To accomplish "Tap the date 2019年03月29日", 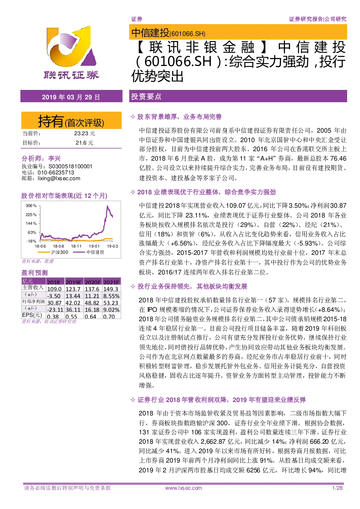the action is click(71, 97).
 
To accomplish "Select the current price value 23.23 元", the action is click(84, 133).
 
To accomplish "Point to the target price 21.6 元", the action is click(84, 143).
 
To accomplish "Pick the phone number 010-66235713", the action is click(56, 173).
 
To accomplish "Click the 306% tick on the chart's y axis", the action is click(31, 206).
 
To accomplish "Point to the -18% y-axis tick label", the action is click(32, 241).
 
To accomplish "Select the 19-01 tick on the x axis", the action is click(94, 246).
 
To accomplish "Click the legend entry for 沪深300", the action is click(53, 252).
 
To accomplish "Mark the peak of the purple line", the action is click(108, 206).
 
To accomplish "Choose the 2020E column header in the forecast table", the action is click(92, 282).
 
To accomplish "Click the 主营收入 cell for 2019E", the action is click(73, 289).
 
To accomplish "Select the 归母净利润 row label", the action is click(33, 302).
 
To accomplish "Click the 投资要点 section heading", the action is click(146, 96).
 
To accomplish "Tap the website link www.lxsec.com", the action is click(183, 488).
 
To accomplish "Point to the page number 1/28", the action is click(337, 488).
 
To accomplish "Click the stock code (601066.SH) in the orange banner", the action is click(187, 34).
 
